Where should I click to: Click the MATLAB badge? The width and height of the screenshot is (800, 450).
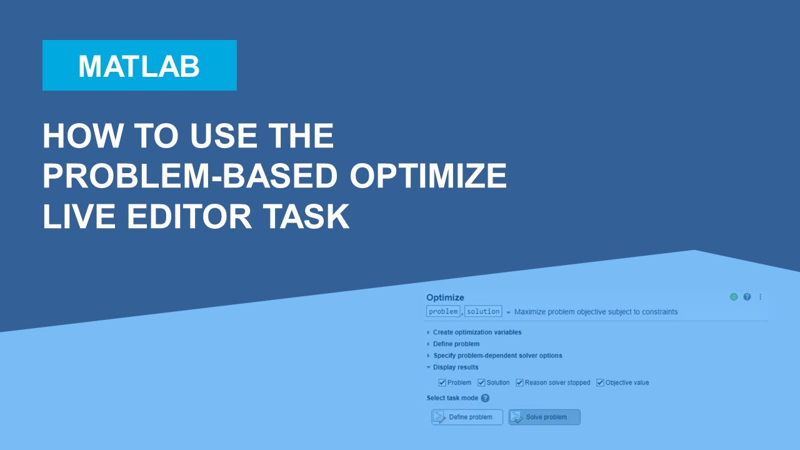tap(139, 66)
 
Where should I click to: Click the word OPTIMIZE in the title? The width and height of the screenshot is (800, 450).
tap(427, 176)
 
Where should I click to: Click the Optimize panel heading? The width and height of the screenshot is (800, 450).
tap(445, 297)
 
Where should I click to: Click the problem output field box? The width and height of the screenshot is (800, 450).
tap(443, 311)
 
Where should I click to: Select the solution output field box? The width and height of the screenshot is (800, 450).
tap(483, 311)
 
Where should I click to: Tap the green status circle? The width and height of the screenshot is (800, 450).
tap(734, 297)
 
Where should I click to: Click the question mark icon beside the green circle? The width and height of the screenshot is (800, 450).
tap(747, 297)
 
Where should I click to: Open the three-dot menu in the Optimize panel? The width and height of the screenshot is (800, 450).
tap(761, 297)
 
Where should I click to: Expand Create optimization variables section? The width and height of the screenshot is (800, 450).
tap(477, 332)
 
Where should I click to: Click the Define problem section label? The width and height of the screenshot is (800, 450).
tap(456, 344)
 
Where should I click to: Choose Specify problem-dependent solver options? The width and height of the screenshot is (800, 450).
tap(497, 356)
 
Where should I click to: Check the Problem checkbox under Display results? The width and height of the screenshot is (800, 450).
tap(442, 382)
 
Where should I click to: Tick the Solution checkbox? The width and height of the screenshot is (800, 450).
tap(481, 382)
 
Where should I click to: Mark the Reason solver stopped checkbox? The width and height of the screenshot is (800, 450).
tap(519, 382)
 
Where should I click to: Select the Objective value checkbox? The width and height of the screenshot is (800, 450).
tap(600, 382)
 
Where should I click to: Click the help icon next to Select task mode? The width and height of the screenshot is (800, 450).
tap(485, 398)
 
